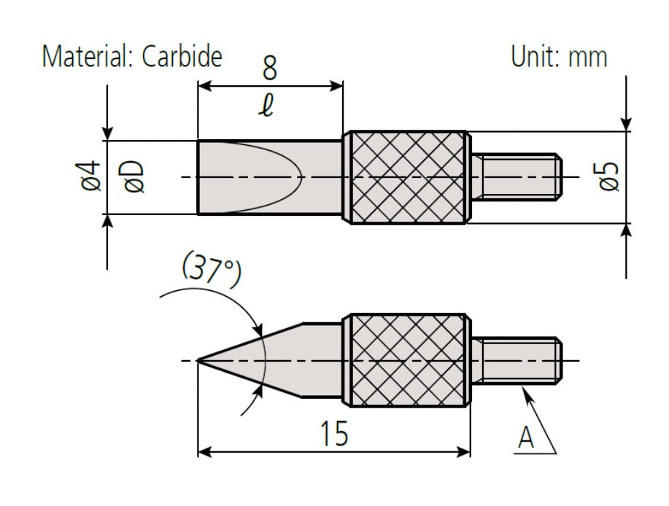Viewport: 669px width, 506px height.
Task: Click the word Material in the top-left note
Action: click(x=82, y=56)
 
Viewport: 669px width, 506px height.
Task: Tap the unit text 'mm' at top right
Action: click(x=587, y=57)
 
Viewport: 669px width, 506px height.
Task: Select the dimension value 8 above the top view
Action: click(x=269, y=69)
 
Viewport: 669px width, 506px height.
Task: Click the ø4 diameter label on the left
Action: click(x=90, y=176)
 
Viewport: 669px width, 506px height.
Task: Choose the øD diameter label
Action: click(x=134, y=176)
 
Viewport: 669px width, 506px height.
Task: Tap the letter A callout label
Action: click(x=526, y=438)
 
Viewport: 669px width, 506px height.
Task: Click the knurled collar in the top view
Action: click(x=407, y=177)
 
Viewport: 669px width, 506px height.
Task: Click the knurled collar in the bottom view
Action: click(x=407, y=360)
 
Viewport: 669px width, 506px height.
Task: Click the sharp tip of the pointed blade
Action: click(x=200, y=360)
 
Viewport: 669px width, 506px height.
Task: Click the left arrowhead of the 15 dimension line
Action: click(x=205, y=452)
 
